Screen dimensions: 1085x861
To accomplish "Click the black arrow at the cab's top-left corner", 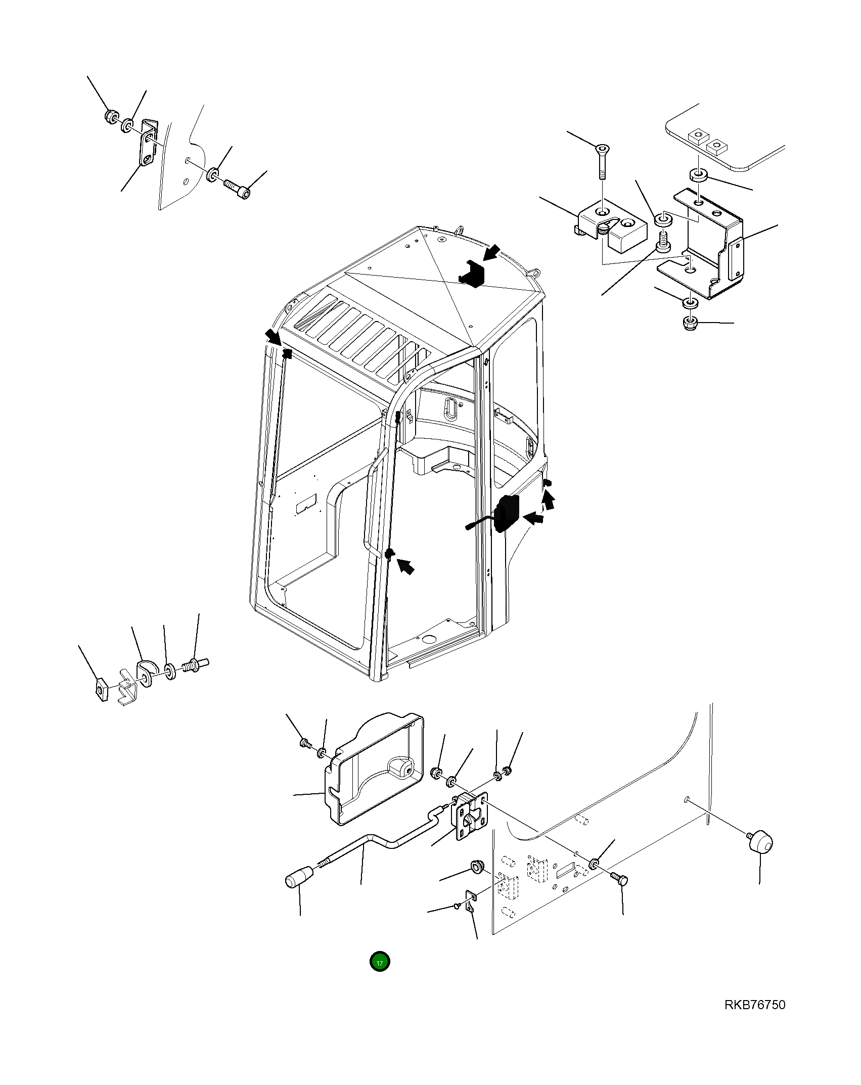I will point(274,336).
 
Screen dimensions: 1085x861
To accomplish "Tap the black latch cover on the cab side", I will point(506,514).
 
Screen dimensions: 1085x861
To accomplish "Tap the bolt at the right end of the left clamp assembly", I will point(197,663).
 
